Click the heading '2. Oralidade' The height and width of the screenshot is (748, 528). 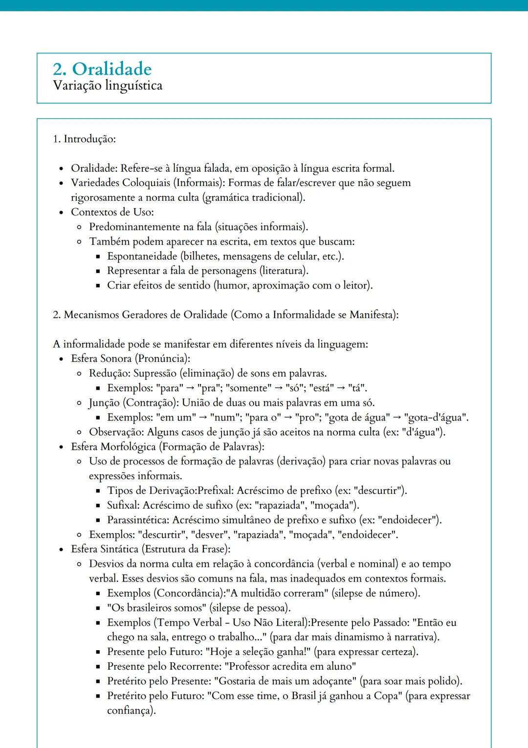(102, 69)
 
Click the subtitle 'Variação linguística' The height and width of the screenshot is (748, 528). (108, 86)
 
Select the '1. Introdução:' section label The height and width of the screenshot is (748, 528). (84, 139)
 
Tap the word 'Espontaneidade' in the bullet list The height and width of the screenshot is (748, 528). (142, 256)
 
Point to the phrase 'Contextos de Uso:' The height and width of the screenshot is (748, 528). (112, 212)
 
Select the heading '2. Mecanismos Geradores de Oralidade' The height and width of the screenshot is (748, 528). (140, 315)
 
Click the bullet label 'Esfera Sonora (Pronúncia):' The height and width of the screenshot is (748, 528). (131, 358)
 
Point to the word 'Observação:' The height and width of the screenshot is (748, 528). (116, 432)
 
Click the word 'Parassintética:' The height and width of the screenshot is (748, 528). (138, 520)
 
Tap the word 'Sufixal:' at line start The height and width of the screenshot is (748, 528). (123, 505)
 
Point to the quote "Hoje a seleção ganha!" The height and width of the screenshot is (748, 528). (258, 652)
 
